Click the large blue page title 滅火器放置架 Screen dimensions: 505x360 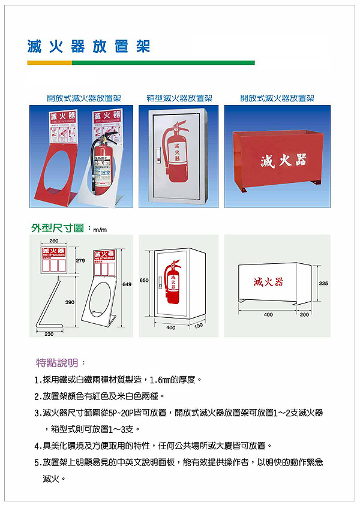click(88, 46)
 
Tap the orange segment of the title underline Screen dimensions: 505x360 click(49, 62)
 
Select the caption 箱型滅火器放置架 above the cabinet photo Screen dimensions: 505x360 click(179, 98)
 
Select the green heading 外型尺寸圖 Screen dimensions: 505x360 click(59, 229)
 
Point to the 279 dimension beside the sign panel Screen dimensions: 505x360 click(80, 261)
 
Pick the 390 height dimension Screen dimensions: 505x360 click(70, 302)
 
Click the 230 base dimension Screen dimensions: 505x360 click(49, 333)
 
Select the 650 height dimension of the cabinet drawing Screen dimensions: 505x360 click(144, 280)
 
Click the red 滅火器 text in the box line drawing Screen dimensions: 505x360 click(268, 282)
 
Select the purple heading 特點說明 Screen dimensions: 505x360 click(61, 363)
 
